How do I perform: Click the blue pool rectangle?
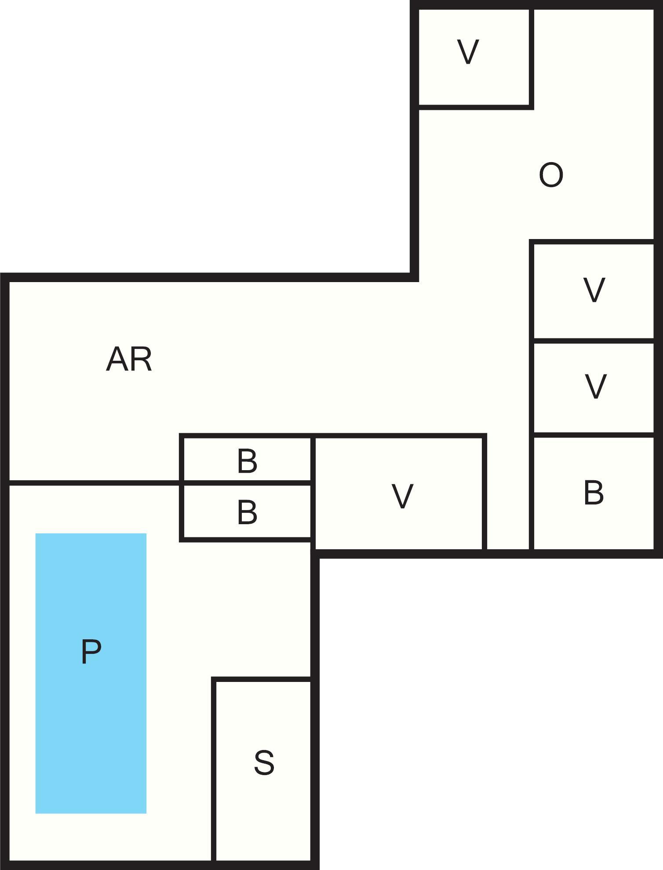[x=91, y=673]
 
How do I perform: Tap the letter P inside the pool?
[x=91, y=652]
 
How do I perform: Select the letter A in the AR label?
[x=118, y=359]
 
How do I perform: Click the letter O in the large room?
[x=551, y=175]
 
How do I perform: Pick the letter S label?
[x=264, y=762]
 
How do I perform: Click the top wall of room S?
[x=262, y=680]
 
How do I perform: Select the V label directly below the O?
[x=594, y=290]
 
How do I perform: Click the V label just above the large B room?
[x=595, y=386]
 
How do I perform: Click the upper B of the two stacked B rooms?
[x=247, y=461]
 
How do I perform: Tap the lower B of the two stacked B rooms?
[x=247, y=512]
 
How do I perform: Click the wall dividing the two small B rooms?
[x=247, y=483]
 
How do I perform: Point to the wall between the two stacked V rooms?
[x=594, y=341]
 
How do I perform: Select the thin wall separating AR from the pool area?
[x=94, y=483]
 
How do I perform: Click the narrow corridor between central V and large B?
[x=508, y=492]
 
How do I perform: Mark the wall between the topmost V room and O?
[x=532, y=57]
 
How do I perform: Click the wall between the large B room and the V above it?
[x=594, y=435]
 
